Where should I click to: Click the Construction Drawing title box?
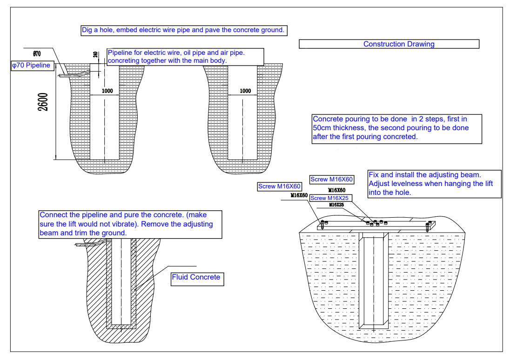point(389,44)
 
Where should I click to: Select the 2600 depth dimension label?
point(43,101)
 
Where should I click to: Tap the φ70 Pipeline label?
point(31,66)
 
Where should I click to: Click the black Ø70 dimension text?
point(37,53)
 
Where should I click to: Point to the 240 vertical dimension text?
point(95,54)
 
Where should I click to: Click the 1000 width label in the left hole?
point(107,91)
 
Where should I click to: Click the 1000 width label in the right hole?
point(245,91)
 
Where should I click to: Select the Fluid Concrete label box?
point(196,277)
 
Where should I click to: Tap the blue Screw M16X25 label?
point(329,198)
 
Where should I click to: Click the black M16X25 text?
point(336,205)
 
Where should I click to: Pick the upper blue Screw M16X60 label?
point(332,180)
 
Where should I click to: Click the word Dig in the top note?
point(87,30)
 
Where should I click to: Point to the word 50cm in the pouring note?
point(321,127)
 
